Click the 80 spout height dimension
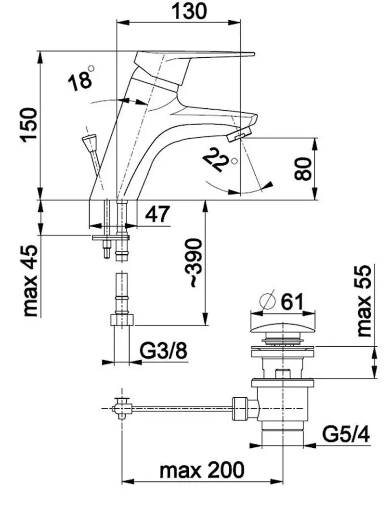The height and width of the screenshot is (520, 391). point(303,169)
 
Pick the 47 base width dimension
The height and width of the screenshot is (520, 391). point(157,214)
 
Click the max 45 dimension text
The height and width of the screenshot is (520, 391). point(30,281)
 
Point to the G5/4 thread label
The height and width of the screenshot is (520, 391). point(346,434)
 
